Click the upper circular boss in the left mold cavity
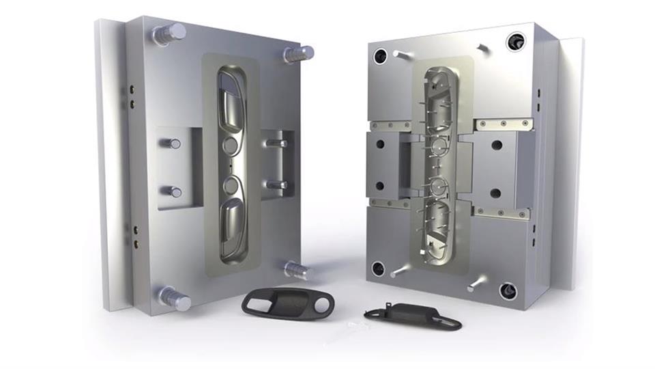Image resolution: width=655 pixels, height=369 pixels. point(231,144)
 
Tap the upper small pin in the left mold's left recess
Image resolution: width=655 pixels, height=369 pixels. point(173,143)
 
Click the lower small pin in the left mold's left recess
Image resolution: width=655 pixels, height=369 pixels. point(173,192)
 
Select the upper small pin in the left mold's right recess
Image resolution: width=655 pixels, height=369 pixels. point(276,143)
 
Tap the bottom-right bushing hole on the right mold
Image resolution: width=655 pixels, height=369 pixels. point(508,292)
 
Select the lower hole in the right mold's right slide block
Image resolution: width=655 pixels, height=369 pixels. point(496,193)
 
